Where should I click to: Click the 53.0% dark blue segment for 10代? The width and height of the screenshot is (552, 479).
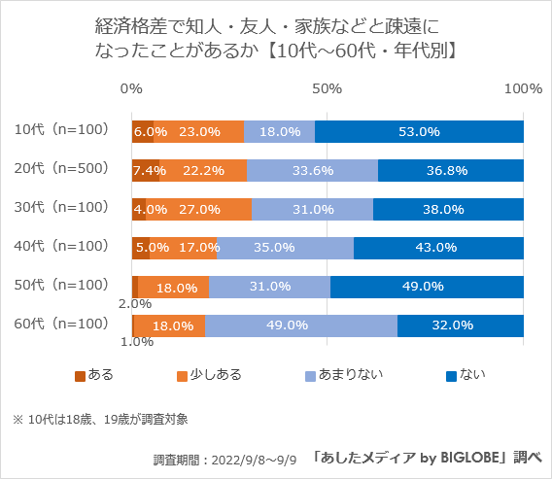419,131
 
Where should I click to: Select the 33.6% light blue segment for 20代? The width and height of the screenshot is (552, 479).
312,170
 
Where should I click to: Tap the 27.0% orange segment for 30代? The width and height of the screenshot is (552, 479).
199,209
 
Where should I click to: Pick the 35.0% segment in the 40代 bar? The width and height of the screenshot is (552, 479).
285,248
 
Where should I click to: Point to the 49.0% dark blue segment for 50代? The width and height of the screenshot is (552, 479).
427,287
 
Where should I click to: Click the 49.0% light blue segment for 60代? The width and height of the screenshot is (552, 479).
300,325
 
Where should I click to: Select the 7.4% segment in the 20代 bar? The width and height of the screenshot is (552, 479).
146,170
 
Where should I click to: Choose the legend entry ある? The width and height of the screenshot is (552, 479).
94,374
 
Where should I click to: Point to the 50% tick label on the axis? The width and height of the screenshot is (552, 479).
328,88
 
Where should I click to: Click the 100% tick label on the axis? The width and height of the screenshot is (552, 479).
524,88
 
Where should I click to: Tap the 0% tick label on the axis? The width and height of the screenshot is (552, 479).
131,88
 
